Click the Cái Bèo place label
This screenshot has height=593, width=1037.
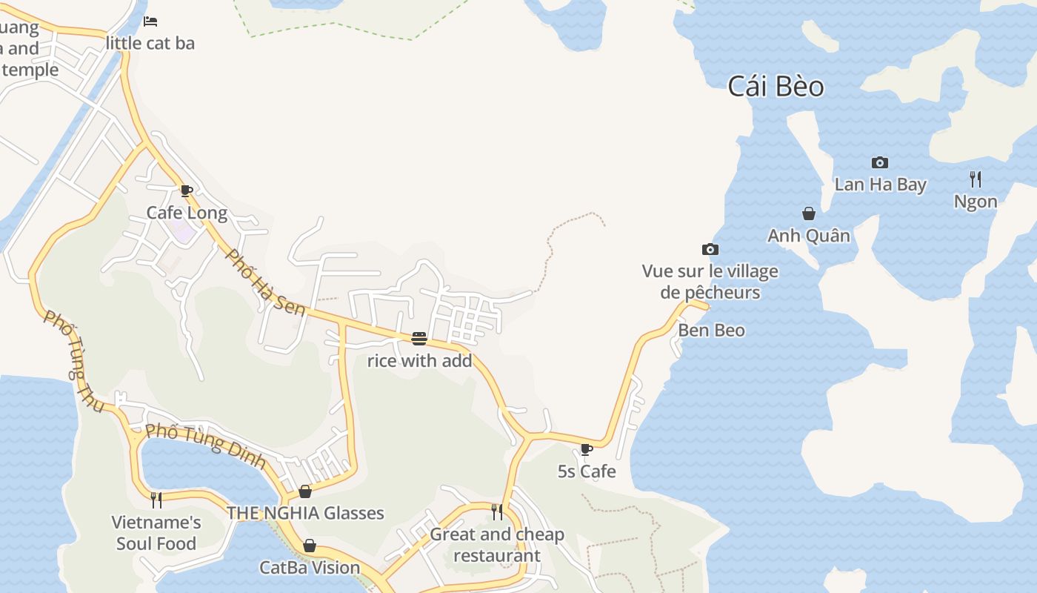coord(776,87)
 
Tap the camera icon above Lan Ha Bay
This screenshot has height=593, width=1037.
coord(880,162)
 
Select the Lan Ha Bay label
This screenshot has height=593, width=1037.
coord(880,185)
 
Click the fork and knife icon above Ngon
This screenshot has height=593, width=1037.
coord(976,179)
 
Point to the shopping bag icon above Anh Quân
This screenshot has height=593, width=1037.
coord(809,213)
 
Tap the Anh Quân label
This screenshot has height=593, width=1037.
coord(809,236)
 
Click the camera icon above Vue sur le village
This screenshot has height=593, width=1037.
coord(710,249)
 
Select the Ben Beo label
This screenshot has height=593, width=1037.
coord(711,331)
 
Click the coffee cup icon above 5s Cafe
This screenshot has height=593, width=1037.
coord(586,448)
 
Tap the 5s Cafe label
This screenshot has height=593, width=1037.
coord(586,471)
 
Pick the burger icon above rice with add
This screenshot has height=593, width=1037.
coord(419,339)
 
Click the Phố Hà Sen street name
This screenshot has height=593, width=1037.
coord(265,282)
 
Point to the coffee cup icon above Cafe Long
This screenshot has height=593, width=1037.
coord(187,191)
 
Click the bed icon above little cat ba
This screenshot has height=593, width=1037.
coord(150,21)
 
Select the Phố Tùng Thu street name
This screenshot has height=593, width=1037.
coord(73,361)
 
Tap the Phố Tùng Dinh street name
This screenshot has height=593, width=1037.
coord(205,445)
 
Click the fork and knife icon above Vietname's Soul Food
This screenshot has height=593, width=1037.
coord(156,500)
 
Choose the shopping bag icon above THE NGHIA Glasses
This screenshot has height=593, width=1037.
coord(305,491)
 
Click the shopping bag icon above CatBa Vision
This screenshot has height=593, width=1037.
coord(310,546)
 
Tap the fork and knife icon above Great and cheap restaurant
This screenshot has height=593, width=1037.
coord(497,511)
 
